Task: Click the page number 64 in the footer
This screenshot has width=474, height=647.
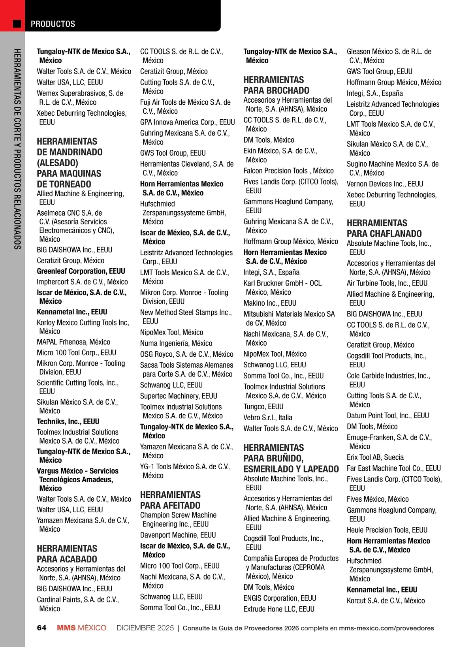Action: pyautogui.click(x=41, y=628)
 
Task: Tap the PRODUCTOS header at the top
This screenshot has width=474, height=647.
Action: pyautogui.click(x=53, y=24)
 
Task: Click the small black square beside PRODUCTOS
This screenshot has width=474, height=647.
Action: pyautogui.click(x=17, y=24)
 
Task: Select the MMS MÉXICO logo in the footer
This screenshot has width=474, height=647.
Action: pyautogui.click(x=81, y=628)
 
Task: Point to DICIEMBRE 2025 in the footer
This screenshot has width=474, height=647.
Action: pyautogui.click(x=145, y=628)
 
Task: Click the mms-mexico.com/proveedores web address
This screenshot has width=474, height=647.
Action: pyautogui.click(x=386, y=628)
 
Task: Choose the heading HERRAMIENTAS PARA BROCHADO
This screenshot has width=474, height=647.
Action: pyautogui.click(x=276, y=85)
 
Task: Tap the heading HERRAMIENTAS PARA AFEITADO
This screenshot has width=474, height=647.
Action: pyautogui.click(x=170, y=500)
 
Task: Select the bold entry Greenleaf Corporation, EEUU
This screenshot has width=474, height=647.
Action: pyautogui.click(x=81, y=271)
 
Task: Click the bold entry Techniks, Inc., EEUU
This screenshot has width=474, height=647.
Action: pyautogui.click(x=68, y=421)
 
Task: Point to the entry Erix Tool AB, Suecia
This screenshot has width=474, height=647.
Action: pyautogui.click(x=375, y=457)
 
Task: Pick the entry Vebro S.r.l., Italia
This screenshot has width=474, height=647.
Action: pyautogui.click(x=268, y=418)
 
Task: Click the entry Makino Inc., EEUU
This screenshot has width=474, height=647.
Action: pyautogui.click(x=270, y=303)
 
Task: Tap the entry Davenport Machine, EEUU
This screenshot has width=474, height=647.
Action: pyautogui.click(x=178, y=535)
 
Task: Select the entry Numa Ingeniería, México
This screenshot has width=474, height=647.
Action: pyautogui.click(x=176, y=343)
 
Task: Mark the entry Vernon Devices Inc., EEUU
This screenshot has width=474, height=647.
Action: pyautogui.click(x=385, y=184)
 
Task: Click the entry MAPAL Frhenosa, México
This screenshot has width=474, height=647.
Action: pyautogui.click(x=73, y=342)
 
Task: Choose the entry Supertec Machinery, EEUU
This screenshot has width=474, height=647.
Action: pyautogui.click(x=179, y=396)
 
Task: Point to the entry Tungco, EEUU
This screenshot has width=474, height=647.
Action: pyautogui.click(x=263, y=406)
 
